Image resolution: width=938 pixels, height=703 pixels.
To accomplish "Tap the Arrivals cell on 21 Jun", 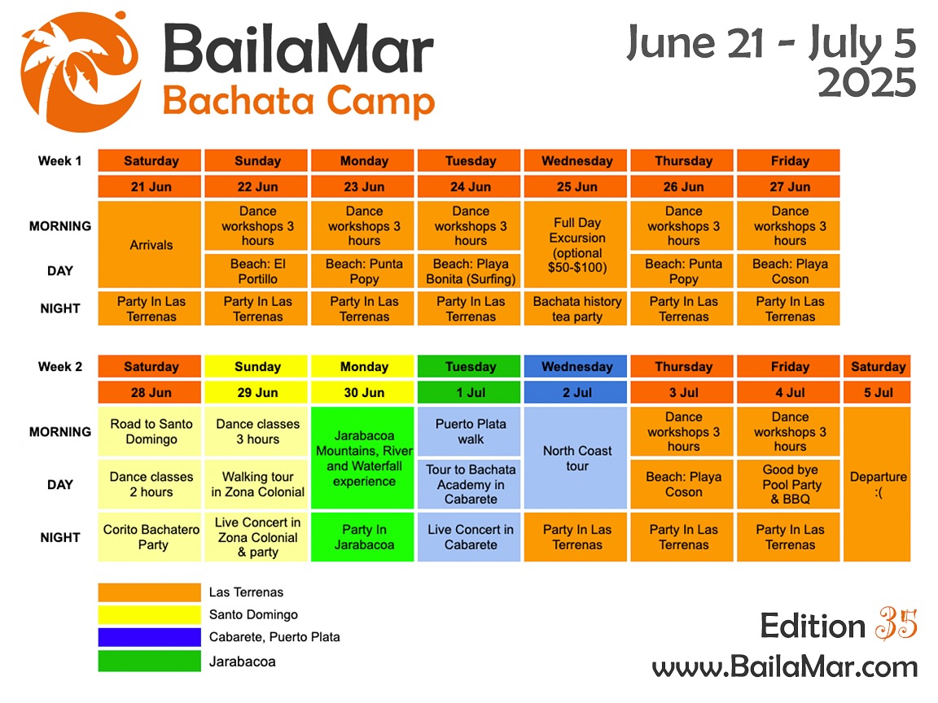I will coord(151,244).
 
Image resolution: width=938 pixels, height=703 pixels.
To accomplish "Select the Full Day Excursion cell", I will coord(576,244).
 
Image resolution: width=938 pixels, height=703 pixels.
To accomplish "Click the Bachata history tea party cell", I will coord(576,309).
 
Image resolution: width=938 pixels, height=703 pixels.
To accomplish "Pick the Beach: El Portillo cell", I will coord(257,271).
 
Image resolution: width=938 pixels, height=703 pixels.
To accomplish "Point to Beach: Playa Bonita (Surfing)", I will coord(470,271).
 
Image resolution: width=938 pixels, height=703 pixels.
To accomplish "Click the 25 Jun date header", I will coord(576,186).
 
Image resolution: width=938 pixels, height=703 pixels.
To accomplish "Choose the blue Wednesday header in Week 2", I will coord(576,366).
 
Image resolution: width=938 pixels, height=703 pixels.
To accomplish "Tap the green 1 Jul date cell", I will coord(470,392).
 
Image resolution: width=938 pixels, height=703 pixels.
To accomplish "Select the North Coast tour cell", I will coord(576,459).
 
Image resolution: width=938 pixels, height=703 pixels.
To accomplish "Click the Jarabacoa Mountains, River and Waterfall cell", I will coord(364,459).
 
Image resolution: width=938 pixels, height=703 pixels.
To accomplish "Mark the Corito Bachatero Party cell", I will coord(151,537).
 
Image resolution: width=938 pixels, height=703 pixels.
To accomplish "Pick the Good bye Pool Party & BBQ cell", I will coord(790,484).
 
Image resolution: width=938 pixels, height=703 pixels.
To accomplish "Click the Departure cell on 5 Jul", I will coord(878,484).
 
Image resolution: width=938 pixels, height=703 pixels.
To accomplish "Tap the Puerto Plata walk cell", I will coord(470,432).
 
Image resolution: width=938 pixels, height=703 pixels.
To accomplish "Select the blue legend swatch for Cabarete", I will coord(149,637).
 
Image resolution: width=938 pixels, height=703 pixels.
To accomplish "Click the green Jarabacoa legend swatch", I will coord(149,661).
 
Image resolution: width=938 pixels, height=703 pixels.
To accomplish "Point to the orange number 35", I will coord(896,626).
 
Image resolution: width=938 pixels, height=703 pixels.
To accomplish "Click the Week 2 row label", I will coord(60,366).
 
